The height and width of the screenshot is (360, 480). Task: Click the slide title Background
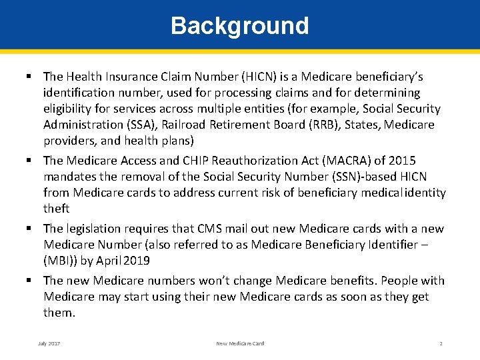coord(240,25)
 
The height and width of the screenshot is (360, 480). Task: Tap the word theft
coord(57,209)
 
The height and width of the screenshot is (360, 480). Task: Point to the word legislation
coord(95,229)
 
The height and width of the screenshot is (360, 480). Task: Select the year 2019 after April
coord(137,261)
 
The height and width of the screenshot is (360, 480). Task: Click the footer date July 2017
coord(49,343)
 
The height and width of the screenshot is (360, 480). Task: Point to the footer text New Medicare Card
coord(240,343)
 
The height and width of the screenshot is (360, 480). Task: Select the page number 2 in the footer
coord(441,343)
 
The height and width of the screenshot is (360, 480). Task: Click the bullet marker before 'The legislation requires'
coord(31,229)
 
